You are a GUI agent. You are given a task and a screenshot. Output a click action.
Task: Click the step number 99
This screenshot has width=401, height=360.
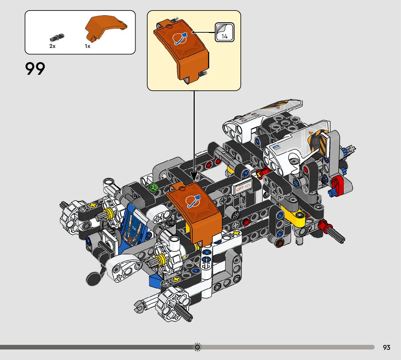(x=35, y=69)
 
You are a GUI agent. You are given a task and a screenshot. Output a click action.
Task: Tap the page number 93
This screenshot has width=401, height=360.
(x=386, y=347)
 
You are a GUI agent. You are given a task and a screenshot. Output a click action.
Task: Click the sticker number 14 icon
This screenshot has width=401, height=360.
(x=224, y=32)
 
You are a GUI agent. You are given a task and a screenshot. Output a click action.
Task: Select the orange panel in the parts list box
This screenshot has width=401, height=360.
(x=106, y=27)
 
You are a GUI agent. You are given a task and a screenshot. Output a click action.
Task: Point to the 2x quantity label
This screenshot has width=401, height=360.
(x=53, y=46)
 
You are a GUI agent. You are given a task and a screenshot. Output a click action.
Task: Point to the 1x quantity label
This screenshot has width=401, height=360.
(x=87, y=46)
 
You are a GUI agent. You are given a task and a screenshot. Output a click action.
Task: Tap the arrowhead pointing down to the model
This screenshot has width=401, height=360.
(x=194, y=177)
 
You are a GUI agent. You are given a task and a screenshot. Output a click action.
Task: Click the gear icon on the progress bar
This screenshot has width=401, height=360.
(x=197, y=347)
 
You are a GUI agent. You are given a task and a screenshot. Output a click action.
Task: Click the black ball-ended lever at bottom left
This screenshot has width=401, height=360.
(x=93, y=278)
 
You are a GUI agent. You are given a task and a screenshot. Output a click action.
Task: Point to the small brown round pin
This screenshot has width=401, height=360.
(x=280, y=244)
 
